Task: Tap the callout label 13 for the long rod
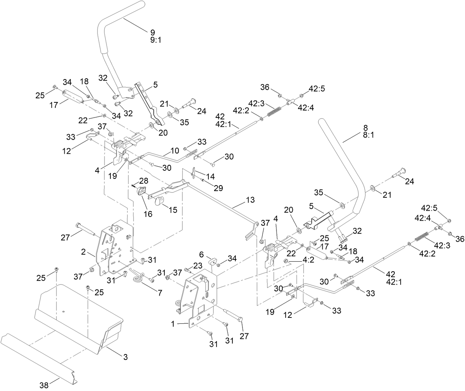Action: (x=250, y=200)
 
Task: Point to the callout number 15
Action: (x=172, y=210)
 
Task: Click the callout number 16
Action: (x=148, y=214)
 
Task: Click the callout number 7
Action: (x=160, y=293)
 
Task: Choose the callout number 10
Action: (x=174, y=150)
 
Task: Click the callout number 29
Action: (x=218, y=188)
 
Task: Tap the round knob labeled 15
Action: (x=159, y=201)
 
